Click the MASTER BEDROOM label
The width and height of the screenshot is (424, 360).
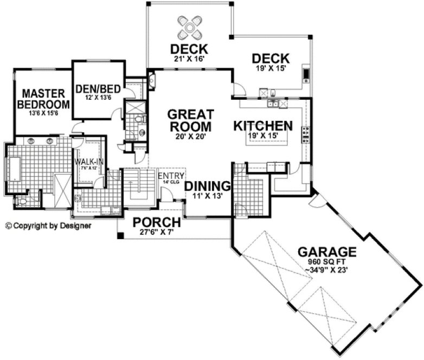tap(44, 98)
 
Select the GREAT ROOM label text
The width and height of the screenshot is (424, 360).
tap(190, 120)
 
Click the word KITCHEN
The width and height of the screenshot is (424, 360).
tap(263, 126)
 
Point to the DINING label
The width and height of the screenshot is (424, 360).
tap(208, 186)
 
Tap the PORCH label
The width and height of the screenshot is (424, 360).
tap(157, 222)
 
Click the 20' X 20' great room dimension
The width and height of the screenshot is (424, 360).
tap(190, 137)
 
